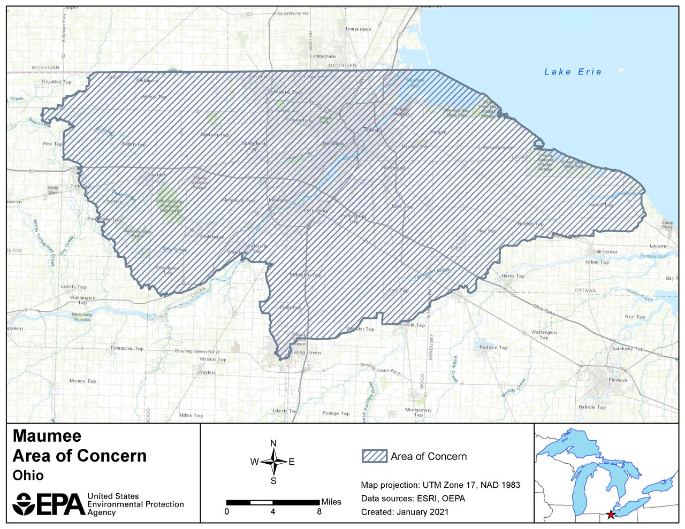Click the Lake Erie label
tap(573, 72)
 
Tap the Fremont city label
tap(618, 380)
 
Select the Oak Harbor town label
tap(605, 251)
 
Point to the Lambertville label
tap(323, 56)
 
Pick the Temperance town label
tap(358, 29)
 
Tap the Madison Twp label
tap(493, 347)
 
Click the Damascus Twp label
tap(127, 348)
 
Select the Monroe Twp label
tap(83, 381)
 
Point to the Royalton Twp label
tap(57, 82)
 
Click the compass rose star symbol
tap(273, 462)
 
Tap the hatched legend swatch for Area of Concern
tap(374, 456)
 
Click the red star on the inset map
tap(611, 515)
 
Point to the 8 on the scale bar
tap(319, 511)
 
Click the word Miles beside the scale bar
tap(331, 502)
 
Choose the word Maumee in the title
tap(47, 436)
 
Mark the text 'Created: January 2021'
tap(405, 512)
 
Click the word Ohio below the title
tap(28, 476)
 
